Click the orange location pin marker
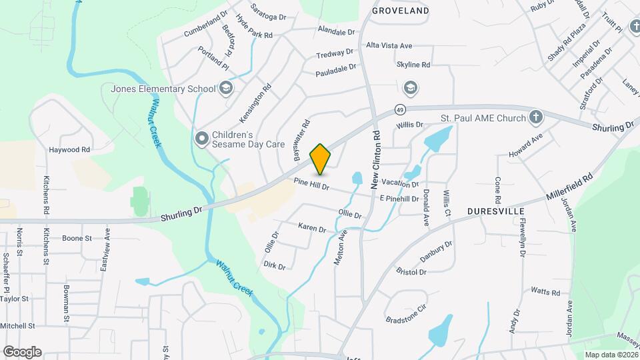(321, 159)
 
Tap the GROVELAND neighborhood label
(400, 11)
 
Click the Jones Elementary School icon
(226, 88)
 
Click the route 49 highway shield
(399, 109)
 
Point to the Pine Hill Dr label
(312, 185)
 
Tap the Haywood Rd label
(69, 150)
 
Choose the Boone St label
(77, 237)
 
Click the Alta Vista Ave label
(389, 45)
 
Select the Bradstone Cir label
(405, 315)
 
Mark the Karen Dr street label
(312, 229)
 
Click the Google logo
(22, 351)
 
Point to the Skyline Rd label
(413, 65)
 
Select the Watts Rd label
(545, 291)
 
